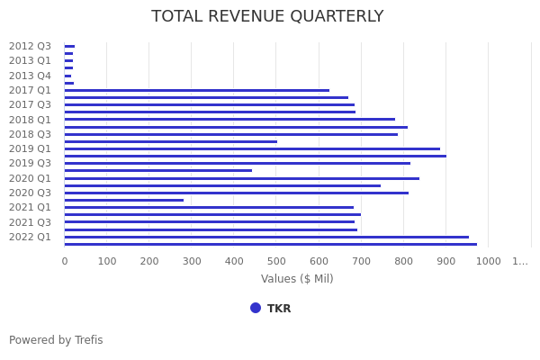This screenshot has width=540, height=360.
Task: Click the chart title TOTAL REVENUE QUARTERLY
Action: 267,16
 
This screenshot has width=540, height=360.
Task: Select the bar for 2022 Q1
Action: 266,237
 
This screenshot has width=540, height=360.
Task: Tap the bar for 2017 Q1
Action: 196,90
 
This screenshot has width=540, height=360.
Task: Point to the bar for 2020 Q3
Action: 236,193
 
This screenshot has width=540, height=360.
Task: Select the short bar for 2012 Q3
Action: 69,46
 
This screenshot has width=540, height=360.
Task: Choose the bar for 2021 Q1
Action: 209,207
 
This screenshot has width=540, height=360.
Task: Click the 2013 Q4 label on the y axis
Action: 30,76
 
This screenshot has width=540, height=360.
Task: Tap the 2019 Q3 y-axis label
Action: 30,163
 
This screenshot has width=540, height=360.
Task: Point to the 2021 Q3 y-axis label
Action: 30,222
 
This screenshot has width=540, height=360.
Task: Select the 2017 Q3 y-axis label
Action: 30,104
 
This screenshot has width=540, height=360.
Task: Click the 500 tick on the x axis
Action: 275,261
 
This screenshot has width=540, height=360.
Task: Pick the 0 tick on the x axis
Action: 64,261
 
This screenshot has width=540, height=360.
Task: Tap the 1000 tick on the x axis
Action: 488,261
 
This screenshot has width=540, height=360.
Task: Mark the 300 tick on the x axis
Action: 191,261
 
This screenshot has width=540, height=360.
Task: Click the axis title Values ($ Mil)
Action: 297,279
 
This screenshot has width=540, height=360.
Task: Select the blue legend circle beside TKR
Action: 256,308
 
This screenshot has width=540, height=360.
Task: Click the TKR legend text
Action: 279,309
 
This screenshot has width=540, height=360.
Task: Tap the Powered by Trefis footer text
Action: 56,340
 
